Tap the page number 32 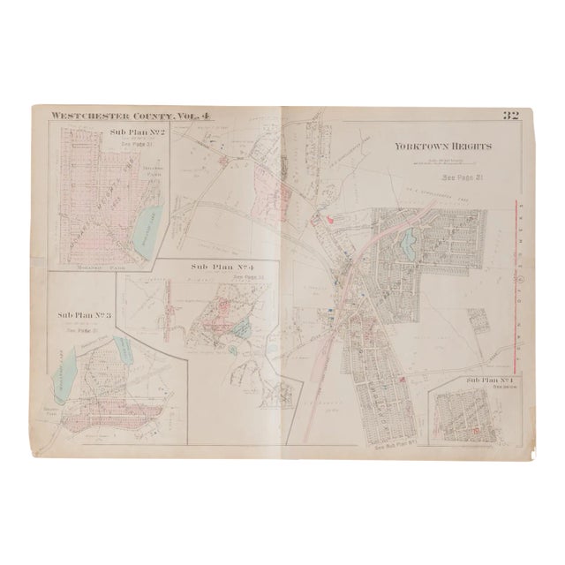click(x=509, y=115)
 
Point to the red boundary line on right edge click(x=514, y=282)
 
